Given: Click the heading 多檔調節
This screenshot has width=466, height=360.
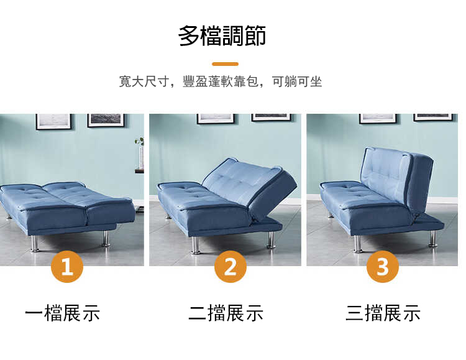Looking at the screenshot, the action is tap(222, 36).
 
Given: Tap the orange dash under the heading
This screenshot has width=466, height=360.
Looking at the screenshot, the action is tap(226, 64).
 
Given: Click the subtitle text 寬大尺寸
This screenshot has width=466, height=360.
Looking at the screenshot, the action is tap(144, 81).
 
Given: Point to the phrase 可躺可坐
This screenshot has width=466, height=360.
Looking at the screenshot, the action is tap(297, 81).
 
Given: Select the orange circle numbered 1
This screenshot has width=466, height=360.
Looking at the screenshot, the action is tap(67, 266).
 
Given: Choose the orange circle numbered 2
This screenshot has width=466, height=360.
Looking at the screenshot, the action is tap(231, 266).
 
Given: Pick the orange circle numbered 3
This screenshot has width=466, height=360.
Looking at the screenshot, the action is tap(383, 266).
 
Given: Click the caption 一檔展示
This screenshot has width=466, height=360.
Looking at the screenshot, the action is tap(62, 313).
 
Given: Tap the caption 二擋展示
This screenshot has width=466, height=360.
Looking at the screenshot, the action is tap(226, 313).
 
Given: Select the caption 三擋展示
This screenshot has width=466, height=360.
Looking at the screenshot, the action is tap(383, 313).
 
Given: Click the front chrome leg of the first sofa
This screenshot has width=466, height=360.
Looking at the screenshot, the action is tap(35, 244).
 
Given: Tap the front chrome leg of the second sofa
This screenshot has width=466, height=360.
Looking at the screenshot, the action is tap(196, 246).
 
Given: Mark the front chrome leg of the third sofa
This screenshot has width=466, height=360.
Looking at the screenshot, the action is tap(358, 244).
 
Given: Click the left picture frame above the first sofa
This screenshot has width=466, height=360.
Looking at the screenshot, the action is tap(54, 122).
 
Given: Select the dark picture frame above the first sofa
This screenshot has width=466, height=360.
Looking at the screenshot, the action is tap(106, 120).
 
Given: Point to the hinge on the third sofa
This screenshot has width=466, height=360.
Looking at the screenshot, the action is tap(416, 219).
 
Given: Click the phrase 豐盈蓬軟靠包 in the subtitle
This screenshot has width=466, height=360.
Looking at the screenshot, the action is tap(221, 81).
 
